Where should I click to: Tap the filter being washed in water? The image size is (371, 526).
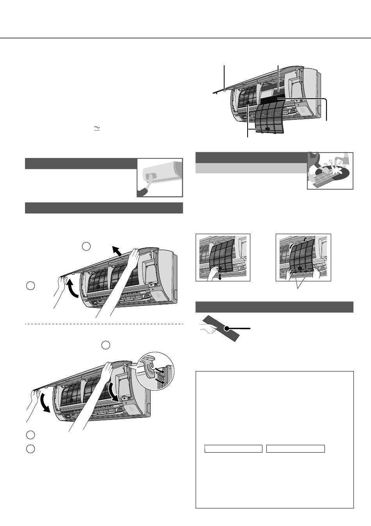pyautogui.click(x=327, y=175)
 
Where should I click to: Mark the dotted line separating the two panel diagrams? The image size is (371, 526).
pyautogui.click(x=104, y=324)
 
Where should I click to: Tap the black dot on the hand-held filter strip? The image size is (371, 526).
pyautogui.click(x=226, y=329)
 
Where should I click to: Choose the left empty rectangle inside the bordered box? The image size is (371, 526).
pyautogui.click(x=233, y=449)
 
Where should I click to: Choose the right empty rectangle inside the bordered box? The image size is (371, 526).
pyautogui.click(x=295, y=449)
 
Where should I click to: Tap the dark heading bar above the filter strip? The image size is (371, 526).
pyautogui.click(x=274, y=307)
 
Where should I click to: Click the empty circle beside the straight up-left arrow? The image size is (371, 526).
pyautogui.click(x=86, y=246)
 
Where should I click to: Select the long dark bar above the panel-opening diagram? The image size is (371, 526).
pyautogui.click(x=104, y=208)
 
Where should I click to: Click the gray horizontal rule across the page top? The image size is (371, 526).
pyautogui.click(x=185, y=38)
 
